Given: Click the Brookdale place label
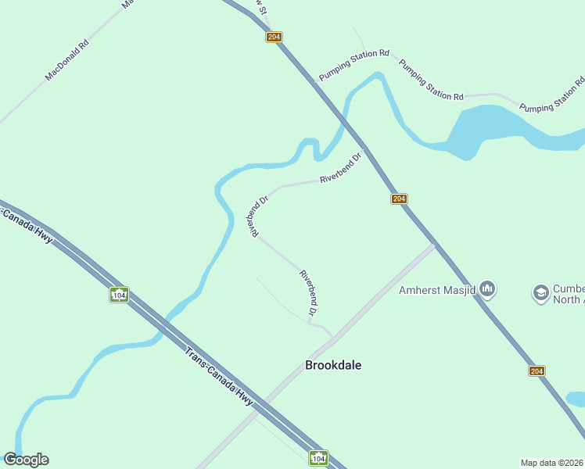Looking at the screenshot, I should click(x=333, y=365).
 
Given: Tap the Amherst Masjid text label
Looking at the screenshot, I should click(x=437, y=290).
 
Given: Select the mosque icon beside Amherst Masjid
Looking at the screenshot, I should click(x=488, y=290).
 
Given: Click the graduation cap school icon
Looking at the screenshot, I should click(x=540, y=292).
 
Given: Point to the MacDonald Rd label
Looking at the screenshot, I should click(x=67, y=60).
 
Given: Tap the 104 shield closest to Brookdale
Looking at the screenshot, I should click(x=318, y=458).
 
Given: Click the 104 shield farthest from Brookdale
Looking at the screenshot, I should click(x=119, y=295).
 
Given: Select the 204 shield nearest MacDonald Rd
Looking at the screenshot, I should click(x=274, y=37).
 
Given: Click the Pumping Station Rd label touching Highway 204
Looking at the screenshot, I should click(x=354, y=66).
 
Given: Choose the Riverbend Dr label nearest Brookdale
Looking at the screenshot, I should click(x=308, y=293).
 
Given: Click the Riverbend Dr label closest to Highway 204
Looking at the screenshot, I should click(x=342, y=168).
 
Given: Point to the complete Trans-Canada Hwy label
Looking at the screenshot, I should click(x=220, y=376).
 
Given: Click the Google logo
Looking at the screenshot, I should click(x=26, y=460).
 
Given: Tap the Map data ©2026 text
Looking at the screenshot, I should click(x=552, y=463).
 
